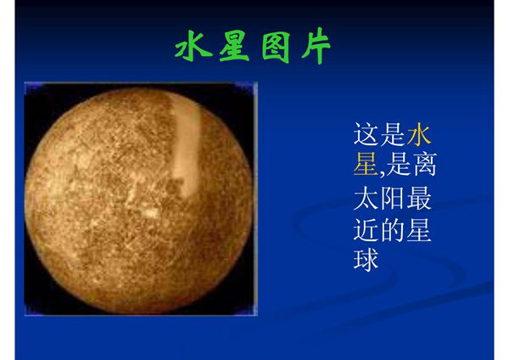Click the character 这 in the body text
pos(366,134)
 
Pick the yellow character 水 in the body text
pos(420,134)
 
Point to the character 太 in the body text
pos(366,199)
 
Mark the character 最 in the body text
pos(420,199)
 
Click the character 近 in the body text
pos(366,230)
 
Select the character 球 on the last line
pos(366,260)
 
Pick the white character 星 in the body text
pos(420,230)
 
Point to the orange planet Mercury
pos(140,200)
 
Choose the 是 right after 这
pos(393,134)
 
